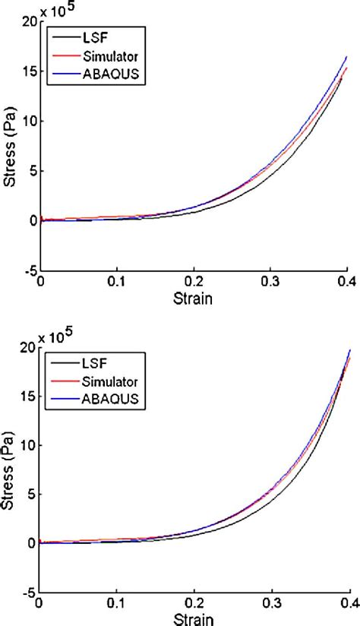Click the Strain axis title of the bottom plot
[x=194, y=620]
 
